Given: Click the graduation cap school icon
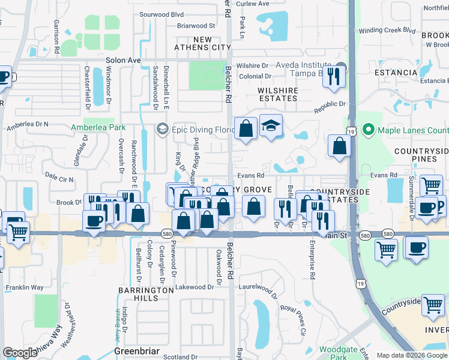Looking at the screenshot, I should pyautogui.click(x=271, y=126).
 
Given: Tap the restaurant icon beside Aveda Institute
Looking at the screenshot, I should pyautogui.click(x=334, y=76).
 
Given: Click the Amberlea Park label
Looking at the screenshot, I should pyautogui.click(x=98, y=127).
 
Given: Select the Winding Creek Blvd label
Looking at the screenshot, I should pyautogui.click(x=387, y=30).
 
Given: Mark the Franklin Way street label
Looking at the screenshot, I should pyautogui.click(x=25, y=287).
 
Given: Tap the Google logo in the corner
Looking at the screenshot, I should pyautogui.click(x=20, y=352).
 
